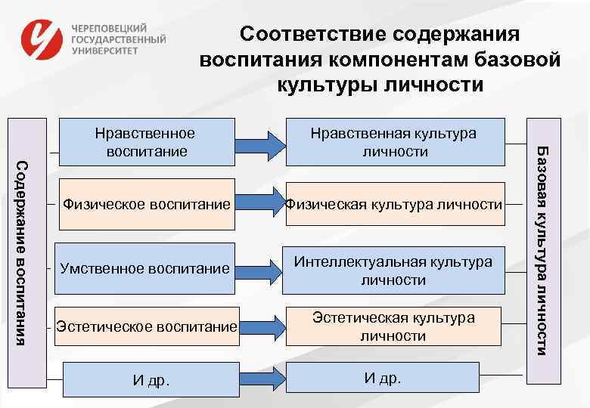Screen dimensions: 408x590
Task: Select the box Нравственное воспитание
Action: [x=145, y=142]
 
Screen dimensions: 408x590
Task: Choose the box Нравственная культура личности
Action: [x=393, y=142]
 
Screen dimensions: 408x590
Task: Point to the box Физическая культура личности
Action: [x=393, y=204]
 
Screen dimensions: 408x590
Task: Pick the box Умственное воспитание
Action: [x=144, y=268]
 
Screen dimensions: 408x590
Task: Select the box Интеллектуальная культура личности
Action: [x=393, y=270]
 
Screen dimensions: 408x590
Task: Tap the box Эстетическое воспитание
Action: [x=147, y=327]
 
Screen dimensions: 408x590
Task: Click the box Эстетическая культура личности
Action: [x=393, y=326]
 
